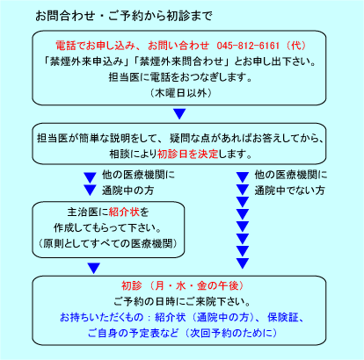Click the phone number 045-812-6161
pyautogui.click(x=248, y=46)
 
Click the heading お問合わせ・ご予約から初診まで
pyautogui.click(x=124, y=16)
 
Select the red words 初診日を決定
pyautogui.click(x=188, y=154)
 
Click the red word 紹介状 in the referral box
pyautogui.click(x=124, y=212)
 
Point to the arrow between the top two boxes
pyautogui.click(x=179, y=113)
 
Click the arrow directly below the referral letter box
pyautogui.click(x=93, y=268)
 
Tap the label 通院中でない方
pyautogui.click(x=289, y=191)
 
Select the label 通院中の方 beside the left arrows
pyautogui.click(x=127, y=191)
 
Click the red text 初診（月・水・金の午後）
pyautogui.click(x=183, y=285)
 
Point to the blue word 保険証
pyautogui.click(x=283, y=317)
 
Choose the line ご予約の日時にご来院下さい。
pyautogui.click(x=182, y=301)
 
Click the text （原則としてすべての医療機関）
pyautogui.click(x=108, y=243)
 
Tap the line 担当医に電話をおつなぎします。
pyautogui.click(x=180, y=77)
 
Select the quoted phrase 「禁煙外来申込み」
pyautogui.click(x=87, y=61)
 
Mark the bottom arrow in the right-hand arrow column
pyautogui.click(x=243, y=263)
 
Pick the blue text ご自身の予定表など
pyautogui.click(x=133, y=333)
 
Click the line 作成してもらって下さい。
pyautogui.click(x=107, y=227)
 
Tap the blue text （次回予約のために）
pyautogui.click(x=231, y=333)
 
